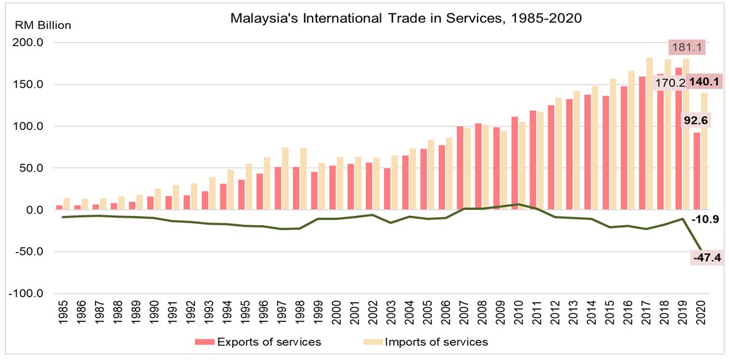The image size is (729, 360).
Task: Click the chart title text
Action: tap(405, 18)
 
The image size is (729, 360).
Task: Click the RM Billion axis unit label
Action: tap(42, 26)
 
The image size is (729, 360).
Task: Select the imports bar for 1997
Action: tap(284, 178)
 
